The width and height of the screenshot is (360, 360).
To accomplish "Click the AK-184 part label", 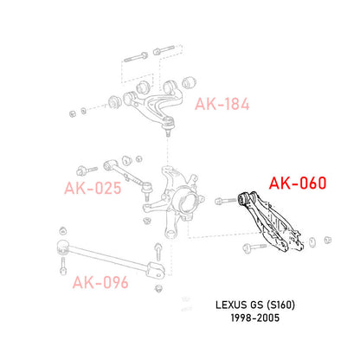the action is (x=222, y=104).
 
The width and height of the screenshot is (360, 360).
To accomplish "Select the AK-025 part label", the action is (x=93, y=188).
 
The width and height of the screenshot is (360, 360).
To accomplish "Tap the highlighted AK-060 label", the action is (x=298, y=183).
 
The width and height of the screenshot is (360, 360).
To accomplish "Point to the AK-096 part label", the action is (x=100, y=282).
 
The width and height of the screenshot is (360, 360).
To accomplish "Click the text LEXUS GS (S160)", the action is (x=255, y=305).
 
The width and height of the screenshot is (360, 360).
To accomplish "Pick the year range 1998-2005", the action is (x=255, y=318).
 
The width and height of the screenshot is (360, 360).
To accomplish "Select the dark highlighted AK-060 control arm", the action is (x=270, y=221).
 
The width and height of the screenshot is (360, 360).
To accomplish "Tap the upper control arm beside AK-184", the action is (x=153, y=102).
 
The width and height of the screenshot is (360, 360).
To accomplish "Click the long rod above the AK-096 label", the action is (x=111, y=257).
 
